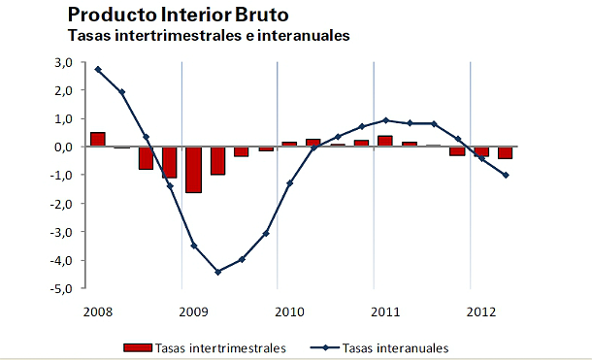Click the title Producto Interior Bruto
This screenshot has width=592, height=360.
pyautogui.click(x=178, y=16)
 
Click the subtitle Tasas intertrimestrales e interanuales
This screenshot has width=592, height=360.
pyautogui.click(x=209, y=36)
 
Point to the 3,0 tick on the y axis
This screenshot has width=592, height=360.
pyautogui.click(x=65, y=62)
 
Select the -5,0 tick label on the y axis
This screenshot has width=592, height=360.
pyautogui.click(x=63, y=289)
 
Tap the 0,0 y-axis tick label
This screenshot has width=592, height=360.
pyautogui.click(x=65, y=147)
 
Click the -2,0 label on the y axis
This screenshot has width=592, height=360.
pyautogui.click(x=63, y=204)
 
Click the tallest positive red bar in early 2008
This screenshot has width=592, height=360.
pyautogui.click(x=98, y=139)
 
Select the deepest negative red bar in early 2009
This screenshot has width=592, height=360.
pyautogui.click(x=193, y=170)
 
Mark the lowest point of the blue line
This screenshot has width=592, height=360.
pyautogui.click(x=217, y=272)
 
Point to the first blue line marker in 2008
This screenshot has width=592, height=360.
pyautogui.click(x=98, y=70)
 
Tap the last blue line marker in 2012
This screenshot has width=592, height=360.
pyautogui.click(x=506, y=176)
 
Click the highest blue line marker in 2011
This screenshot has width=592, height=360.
pyautogui.click(x=385, y=120)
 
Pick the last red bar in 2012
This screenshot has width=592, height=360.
pyautogui.click(x=506, y=152)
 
